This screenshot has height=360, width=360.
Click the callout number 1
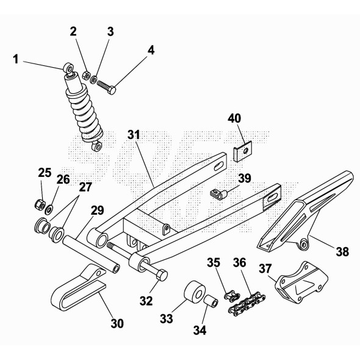16,59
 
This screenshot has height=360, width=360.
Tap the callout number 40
234,118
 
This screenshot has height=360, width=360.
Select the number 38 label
342,251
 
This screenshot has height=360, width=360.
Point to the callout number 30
117,323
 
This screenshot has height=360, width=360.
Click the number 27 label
85,187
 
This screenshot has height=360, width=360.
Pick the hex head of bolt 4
112,90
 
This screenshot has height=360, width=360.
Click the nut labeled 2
85,75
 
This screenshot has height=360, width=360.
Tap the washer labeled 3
93,79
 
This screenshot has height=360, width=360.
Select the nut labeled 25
40,204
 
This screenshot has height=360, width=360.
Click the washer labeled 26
49,209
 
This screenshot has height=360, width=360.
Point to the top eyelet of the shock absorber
68,68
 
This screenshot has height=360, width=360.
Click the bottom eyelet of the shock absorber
97,146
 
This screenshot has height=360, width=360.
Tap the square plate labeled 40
243,151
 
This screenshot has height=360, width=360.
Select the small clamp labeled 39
218,194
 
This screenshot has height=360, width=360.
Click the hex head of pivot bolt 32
162,275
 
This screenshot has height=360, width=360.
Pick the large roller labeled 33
195,292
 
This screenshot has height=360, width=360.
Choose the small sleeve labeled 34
211,301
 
